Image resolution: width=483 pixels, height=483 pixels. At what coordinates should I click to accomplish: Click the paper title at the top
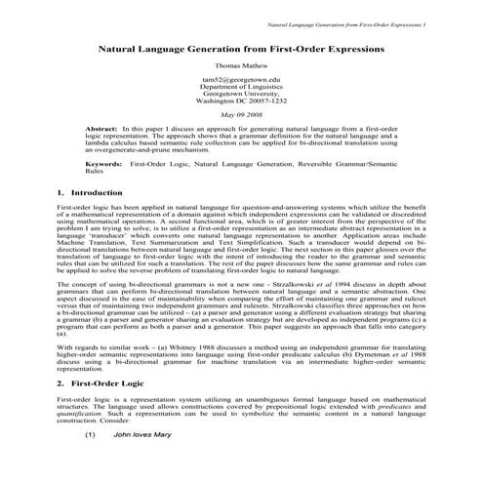tap(240, 46)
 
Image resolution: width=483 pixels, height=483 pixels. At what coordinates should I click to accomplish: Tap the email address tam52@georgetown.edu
tap(240, 79)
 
